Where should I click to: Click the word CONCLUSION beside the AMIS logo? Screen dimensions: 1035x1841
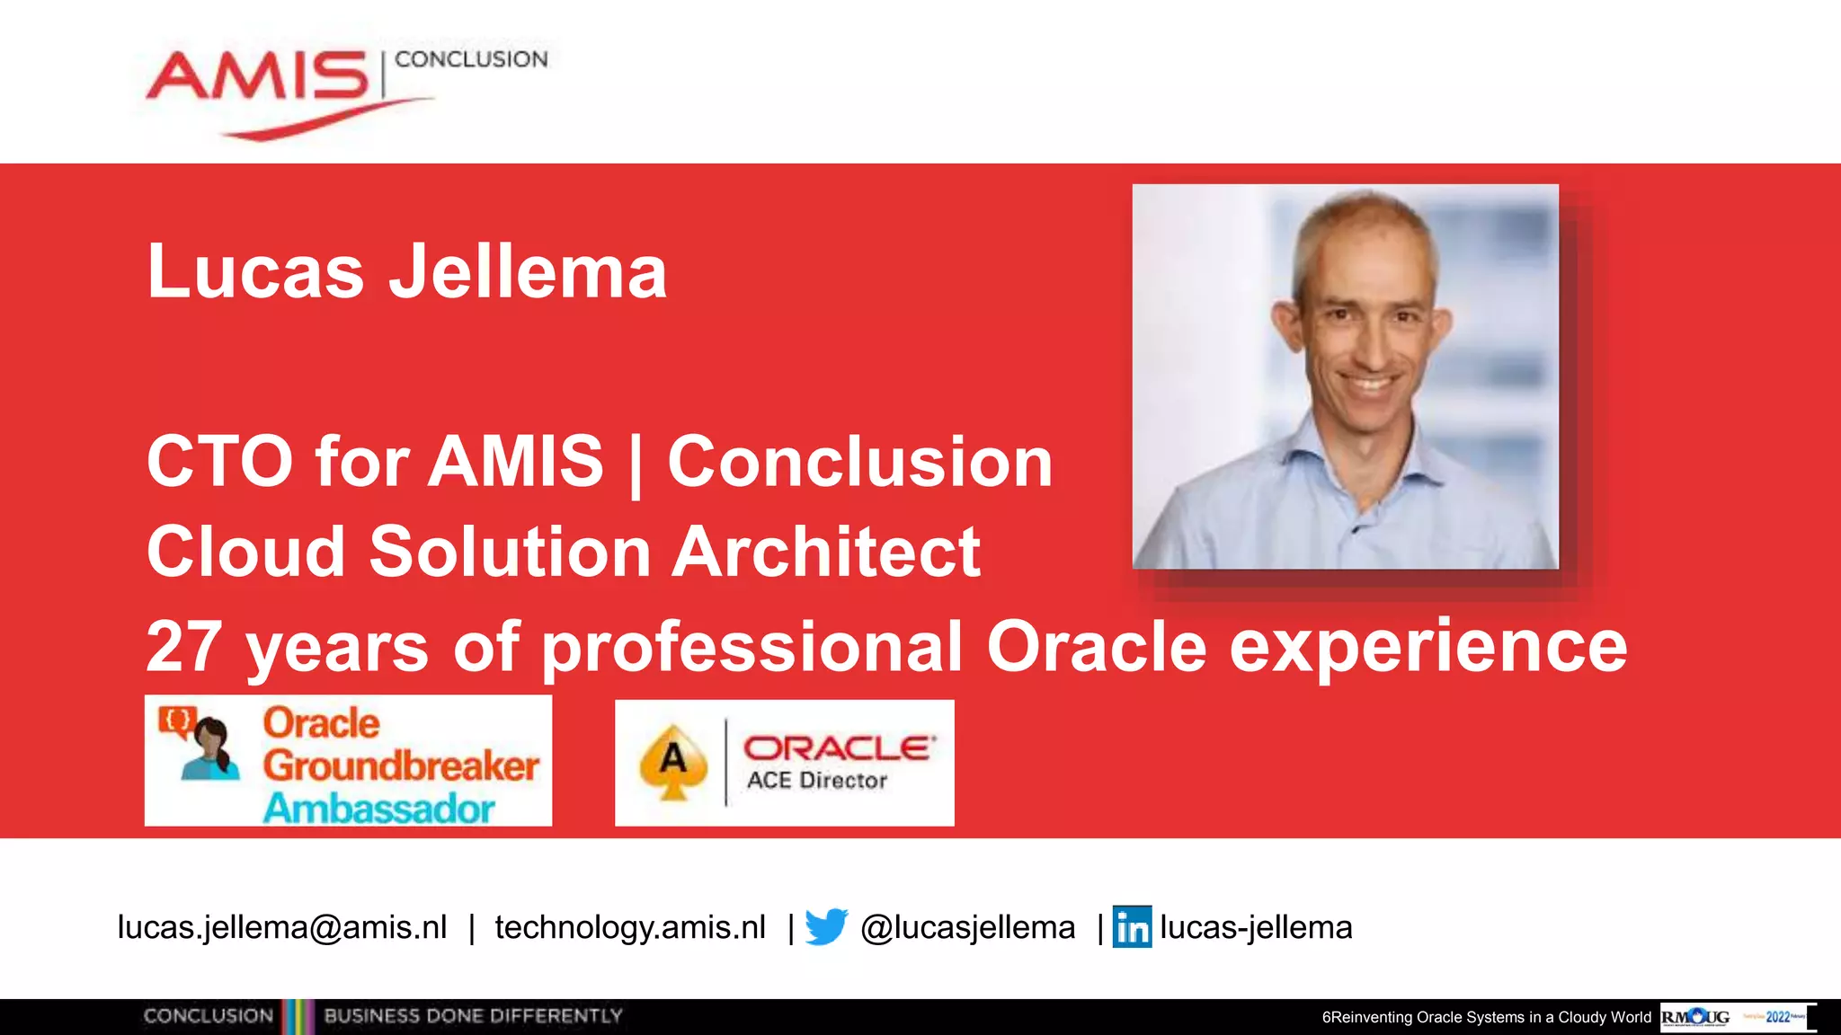pyautogui.click(x=471, y=59)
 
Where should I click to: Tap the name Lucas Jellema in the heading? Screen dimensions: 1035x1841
pyautogui.click(x=406, y=271)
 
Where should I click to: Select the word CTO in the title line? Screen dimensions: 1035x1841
pyautogui.click(x=219, y=462)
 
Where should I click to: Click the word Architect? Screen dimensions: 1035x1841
pyautogui.click(x=826, y=552)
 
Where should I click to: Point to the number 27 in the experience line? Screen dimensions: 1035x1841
pyautogui.click(x=183, y=647)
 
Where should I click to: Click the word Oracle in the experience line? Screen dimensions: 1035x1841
pyautogui.click(x=1096, y=647)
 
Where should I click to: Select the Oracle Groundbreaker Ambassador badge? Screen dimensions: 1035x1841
pyautogui.click(x=349, y=761)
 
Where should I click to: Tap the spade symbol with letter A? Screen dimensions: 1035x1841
pyautogui.click(x=672, y=762)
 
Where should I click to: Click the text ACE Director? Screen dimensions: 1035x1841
pyautogui.click(x=816, y=781)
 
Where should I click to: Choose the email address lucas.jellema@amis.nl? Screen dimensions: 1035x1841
pyautogui.click(x=281, y=927)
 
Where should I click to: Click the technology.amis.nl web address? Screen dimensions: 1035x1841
pyautogui.click(x=630, y=927)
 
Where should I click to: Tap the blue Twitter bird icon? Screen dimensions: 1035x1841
pyautogui.click(x=826, y=926)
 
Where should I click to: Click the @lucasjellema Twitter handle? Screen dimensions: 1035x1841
pyautogui.click(x=967, y=927)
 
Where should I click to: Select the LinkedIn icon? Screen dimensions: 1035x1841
pyautogui.click(x=1132, y=926)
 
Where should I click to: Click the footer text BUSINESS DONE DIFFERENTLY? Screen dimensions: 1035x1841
pyautogui.click(x=473, y=1016)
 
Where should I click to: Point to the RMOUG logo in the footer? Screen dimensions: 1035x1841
pyautogui.click(x=1695, y=1017)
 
